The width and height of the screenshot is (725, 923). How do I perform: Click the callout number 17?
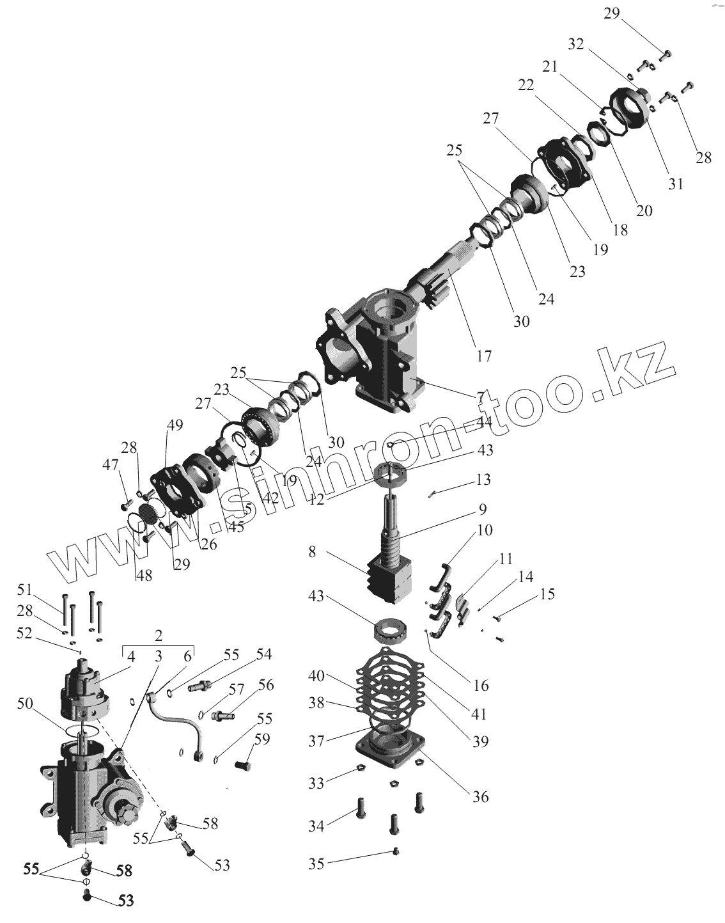[x=484, y=356]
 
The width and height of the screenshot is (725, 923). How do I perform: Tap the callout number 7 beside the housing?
[x=479, y=397]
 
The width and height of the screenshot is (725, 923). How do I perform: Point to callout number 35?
[x=316, y=864]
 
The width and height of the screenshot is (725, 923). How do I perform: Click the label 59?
[x=262, y=739]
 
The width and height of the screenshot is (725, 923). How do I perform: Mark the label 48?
[x=144, y=575]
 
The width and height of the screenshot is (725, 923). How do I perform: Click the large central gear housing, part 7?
[x=384, y=345]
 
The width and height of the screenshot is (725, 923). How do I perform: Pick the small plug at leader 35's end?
[x=396, y=851]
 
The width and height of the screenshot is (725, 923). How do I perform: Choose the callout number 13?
[x=483, y=480]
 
